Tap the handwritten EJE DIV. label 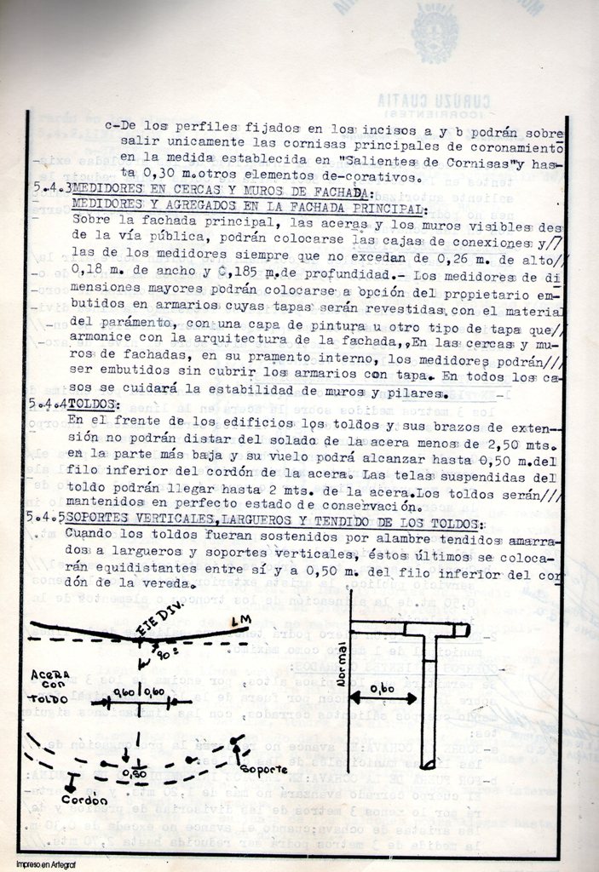click(162, 631)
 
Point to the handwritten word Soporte click(263, 769)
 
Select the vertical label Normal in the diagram click(343, 665)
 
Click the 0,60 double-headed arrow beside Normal click(383, 697)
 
